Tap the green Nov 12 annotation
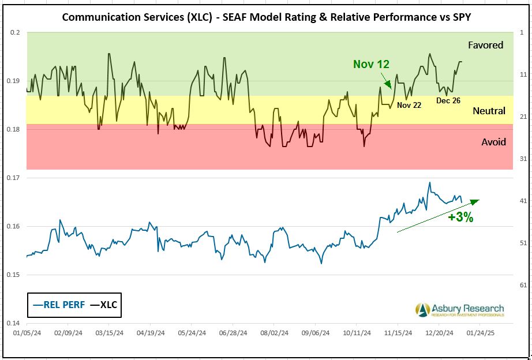[371, 64]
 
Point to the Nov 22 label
[409, 105]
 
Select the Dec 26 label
[448, 100]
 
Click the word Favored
[485, 45]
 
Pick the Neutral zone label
[489, 111]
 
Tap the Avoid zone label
[493, 142]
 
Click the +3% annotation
[460, 217]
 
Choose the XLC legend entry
[104, 305]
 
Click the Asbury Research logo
[459, 310]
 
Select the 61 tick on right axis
[523, 285]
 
